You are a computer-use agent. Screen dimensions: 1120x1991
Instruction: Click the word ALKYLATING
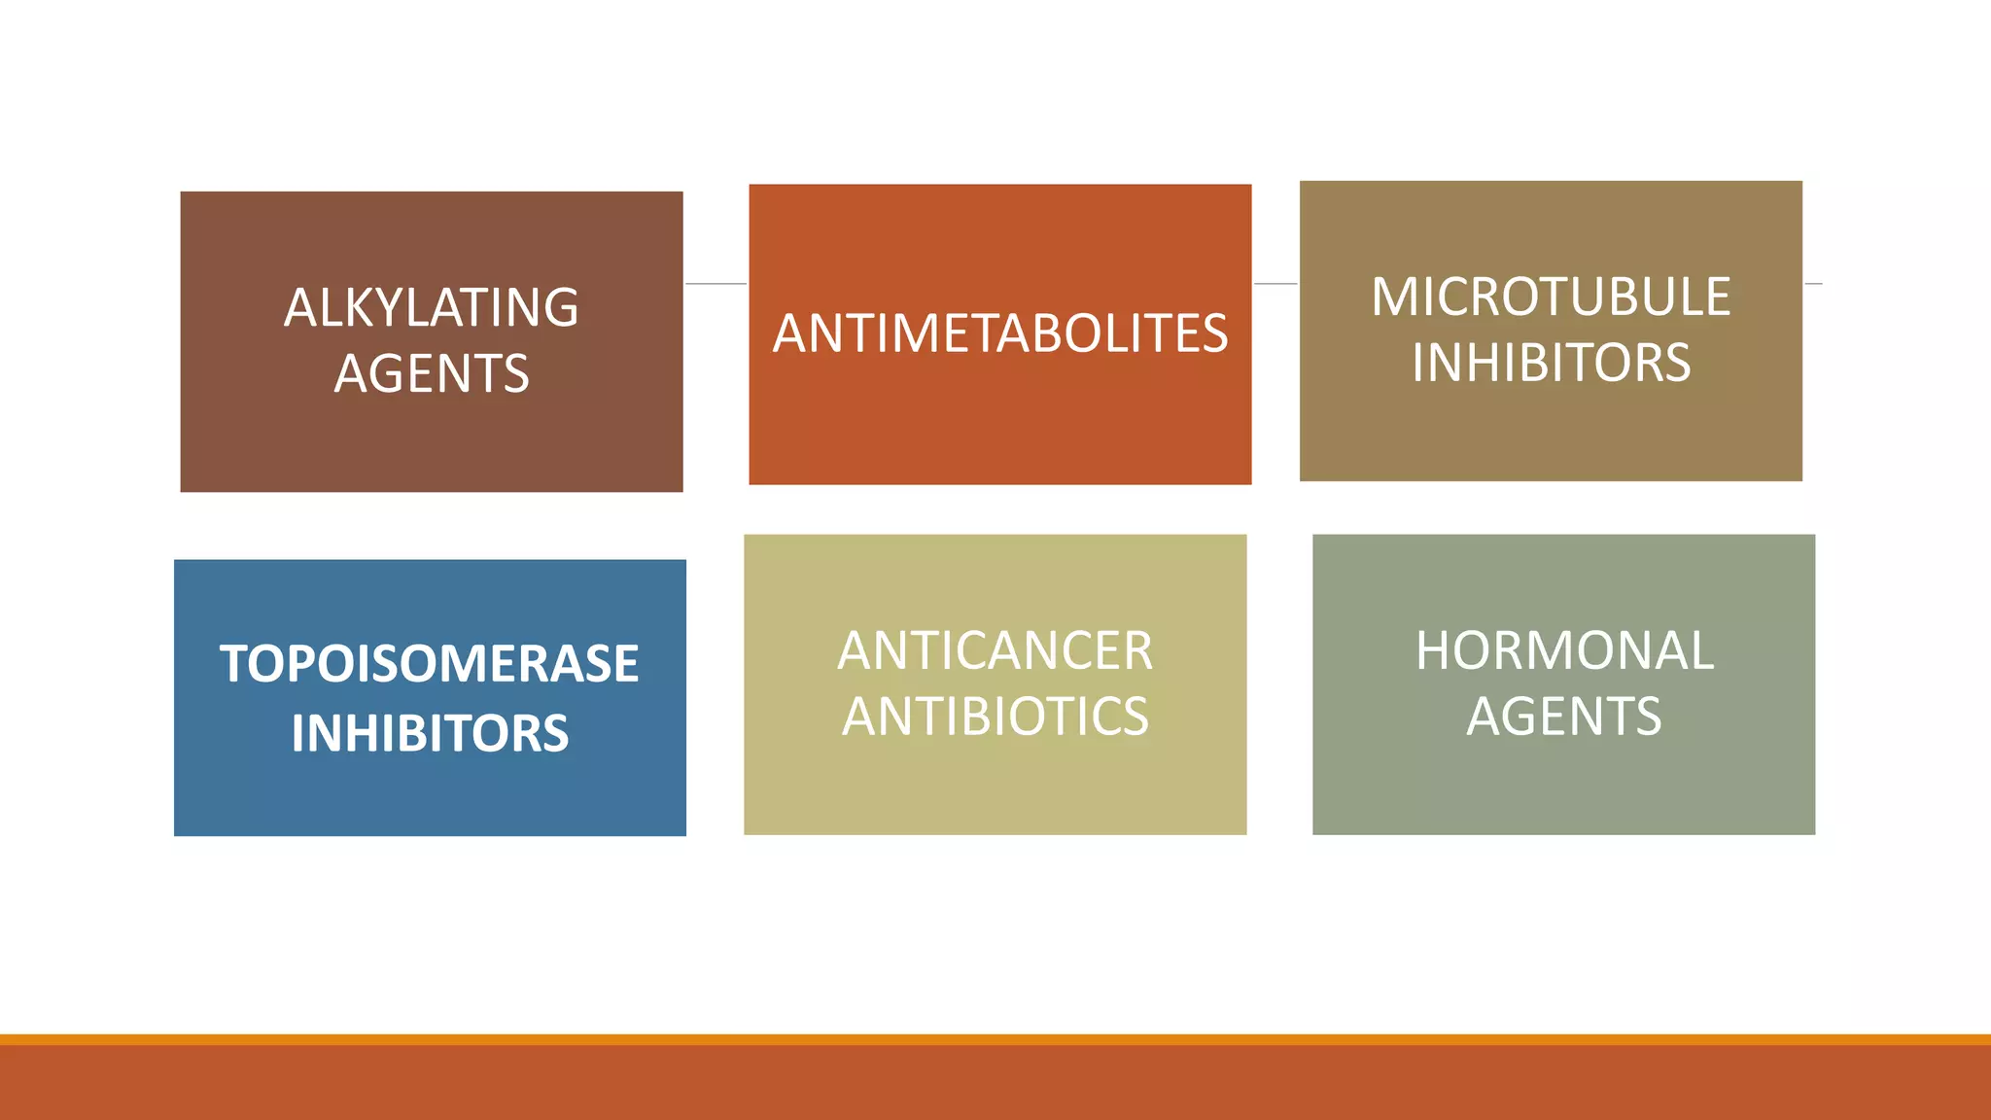click(431, 308)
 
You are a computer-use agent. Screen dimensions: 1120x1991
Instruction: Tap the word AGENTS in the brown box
click(432, 374)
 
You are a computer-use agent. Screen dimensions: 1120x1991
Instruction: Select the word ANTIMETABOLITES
click(1000, 333)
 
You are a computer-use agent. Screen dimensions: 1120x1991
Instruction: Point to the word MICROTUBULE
click(1551, 297)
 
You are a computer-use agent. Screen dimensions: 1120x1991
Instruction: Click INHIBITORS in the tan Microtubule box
click(1551, 363)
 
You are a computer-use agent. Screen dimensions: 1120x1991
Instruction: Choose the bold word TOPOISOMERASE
click(430, 664)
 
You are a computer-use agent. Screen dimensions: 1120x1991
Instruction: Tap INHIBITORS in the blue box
click(430, 733)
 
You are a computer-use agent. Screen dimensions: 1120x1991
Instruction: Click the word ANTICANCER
click(995, 650)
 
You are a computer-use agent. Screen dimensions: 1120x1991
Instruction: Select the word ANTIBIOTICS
click(995, 717)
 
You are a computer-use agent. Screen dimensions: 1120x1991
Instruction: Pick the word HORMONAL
click(1564, 650)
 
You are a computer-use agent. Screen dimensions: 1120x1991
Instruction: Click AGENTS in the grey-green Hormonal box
click(1564, 717)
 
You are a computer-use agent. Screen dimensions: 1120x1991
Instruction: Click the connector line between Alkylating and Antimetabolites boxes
click(716, 284)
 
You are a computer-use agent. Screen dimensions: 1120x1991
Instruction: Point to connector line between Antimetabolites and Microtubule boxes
click(1275, 284)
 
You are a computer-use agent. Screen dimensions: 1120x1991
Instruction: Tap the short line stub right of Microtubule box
click(1813, 284)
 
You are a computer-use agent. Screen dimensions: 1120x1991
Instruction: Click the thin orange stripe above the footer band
click(995, 1039)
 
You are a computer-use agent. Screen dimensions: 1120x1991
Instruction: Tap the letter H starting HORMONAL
click(1434, 650)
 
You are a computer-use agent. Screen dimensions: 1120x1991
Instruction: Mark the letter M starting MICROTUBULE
click(1392, 297)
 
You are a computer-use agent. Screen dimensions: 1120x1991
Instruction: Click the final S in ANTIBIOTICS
click(1135, 717)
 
